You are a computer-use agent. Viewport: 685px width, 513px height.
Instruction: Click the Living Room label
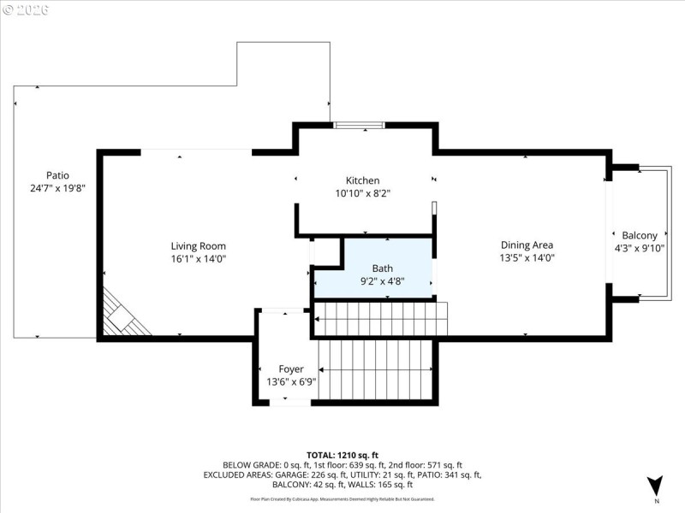coord(198,246)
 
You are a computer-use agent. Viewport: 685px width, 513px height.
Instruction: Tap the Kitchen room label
coord(362,180)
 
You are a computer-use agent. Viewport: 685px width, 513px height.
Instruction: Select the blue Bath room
coord(373,268)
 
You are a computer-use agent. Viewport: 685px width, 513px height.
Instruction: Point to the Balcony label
coord(640,236)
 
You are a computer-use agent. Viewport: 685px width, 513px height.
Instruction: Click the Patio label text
coord(57,174)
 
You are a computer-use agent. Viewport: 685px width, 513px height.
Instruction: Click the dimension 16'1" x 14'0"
coord(198,258)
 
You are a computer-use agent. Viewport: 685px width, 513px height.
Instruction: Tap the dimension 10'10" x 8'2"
coord(362,193)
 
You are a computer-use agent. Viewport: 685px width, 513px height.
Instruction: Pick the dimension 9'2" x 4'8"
coord(382,280)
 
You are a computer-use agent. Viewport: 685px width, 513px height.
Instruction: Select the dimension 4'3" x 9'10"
coord(640,249)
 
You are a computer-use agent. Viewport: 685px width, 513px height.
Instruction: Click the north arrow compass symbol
coord(655,486)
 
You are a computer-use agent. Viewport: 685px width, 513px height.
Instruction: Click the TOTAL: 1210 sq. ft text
coord(342,454)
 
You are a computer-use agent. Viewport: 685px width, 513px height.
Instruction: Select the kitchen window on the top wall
coord(360,126)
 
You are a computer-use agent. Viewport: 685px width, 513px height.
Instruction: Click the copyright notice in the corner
coord(25,9)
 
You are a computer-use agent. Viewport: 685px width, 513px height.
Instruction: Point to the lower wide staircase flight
coord(377,369)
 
